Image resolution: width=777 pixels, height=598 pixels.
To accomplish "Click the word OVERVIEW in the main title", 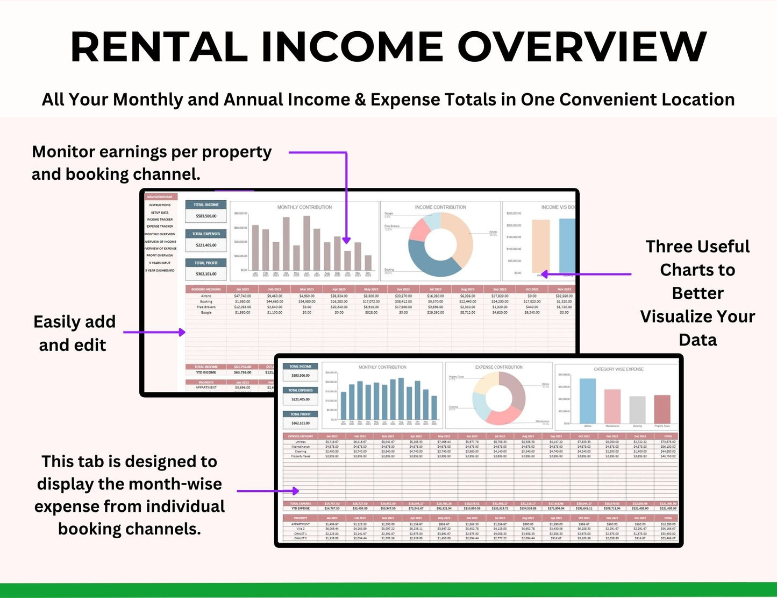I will click(x=582, y=47).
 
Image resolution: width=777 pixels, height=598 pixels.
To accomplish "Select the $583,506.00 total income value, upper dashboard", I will click(x=206, y=216).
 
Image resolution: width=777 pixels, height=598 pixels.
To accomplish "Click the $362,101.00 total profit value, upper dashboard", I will click(x=206, y=274).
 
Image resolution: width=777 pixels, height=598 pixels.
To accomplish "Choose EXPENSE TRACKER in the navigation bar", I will click(x=160, y=227).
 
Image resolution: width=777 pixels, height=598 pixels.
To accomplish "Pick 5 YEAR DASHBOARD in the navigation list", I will click(x=160, y=270).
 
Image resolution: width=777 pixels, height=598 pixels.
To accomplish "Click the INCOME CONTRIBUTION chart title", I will click(x=440, y=207).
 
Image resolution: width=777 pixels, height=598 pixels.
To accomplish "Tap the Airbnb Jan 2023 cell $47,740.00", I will click(x=242, y=296).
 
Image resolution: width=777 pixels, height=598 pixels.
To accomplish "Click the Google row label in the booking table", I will click(x=206, y=312).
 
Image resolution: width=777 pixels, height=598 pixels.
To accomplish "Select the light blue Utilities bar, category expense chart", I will click(x=587, y=400).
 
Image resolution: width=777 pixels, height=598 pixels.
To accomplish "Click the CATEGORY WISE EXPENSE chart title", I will click(x=618, y=369).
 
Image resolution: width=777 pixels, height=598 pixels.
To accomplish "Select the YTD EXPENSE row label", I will click(x=300, y=508).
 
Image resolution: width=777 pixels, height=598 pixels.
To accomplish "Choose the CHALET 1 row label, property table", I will click(x=300, y=533).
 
